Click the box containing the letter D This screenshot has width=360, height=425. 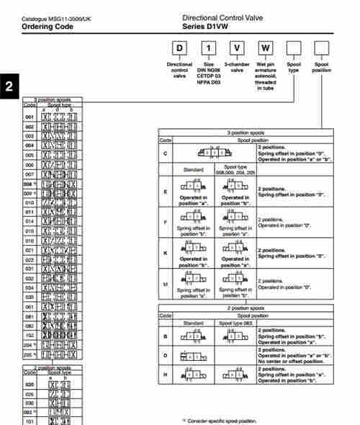(x=179, y=50)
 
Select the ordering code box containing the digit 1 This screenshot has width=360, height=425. (x=208, y=50)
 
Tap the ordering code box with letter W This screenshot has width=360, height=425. (x=266, y=50)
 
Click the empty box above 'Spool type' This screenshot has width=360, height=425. (x=294, y=50)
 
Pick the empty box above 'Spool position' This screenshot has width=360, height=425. (x=322, y=50)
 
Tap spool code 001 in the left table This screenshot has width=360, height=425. (x=30, y=116)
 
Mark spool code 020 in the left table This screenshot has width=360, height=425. (x=30, y=385)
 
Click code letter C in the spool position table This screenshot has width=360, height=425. (x=166, y=153)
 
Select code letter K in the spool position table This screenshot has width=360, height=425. (x=166, y=254)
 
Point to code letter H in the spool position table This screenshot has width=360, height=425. (x=166, y=375)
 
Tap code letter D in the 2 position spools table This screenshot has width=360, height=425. (x=166, y=356)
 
